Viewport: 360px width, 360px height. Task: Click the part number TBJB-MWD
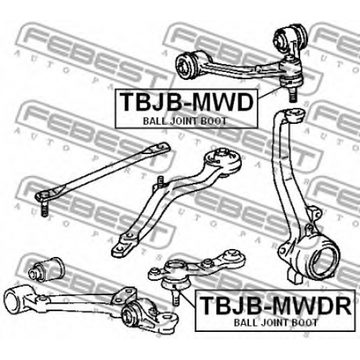(186, 102)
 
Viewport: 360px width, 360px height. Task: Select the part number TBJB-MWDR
(276, 305)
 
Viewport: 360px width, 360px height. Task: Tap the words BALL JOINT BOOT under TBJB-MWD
(185, 121)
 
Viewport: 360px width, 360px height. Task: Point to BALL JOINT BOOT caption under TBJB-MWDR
(276, 323)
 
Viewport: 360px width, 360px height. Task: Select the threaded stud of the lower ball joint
(176, 297)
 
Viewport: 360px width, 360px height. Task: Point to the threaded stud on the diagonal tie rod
(44, 208)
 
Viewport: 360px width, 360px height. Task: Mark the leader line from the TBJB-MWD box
(270, 92)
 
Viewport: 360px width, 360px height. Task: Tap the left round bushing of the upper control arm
(186, 64)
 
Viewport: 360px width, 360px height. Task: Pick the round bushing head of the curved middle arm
(222, 161)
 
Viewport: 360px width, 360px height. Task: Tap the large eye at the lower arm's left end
(15, 299)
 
